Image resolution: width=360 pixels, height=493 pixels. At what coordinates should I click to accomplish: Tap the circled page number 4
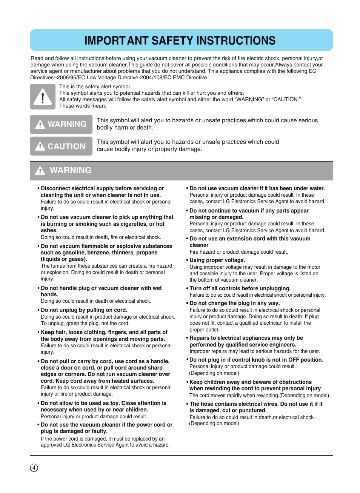[34, 468]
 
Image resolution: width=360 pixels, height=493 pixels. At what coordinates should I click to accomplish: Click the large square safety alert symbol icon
[43, 97]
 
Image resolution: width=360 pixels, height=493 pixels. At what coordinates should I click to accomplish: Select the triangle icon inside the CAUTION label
[40, 146]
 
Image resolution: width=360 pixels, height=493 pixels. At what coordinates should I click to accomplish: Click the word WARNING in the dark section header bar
[71, 170]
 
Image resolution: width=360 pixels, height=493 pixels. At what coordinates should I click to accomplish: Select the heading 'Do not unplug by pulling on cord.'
[84, 310]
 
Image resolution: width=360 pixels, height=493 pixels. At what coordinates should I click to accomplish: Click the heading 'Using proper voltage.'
[217, 260]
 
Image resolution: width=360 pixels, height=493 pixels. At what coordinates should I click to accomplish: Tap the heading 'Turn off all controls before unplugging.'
[240, 288]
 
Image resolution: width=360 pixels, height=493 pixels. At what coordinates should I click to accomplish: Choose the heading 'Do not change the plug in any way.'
[234, 303]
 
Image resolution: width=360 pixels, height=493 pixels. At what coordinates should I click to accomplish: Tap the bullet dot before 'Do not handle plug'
[38, 288]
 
